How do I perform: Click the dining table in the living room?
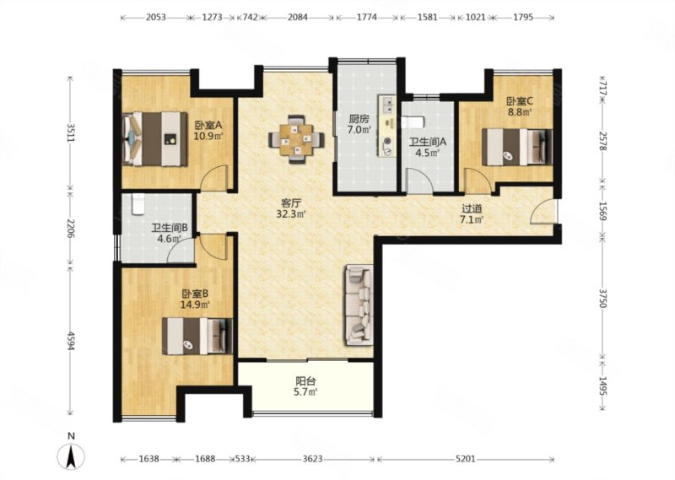tap(296, 139)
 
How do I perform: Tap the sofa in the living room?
tap(358, 305)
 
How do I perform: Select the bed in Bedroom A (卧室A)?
tap(155, 138)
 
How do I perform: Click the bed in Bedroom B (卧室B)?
tap(197, 336)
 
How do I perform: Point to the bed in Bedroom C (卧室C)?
tap(516, 147)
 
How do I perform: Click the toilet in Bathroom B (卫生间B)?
tap(138, 204)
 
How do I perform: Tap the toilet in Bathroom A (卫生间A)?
tap(413, 122)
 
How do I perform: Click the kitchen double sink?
tap(387, 105)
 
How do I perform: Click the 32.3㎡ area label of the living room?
tap(291, 213)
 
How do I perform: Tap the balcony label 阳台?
tap(306, 381)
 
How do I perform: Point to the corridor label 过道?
tap(472, 209)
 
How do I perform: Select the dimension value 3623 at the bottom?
tap(312, 459)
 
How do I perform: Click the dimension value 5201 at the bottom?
tap(466, 459)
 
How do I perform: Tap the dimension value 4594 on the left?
tap(71, 340)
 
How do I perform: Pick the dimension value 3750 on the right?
tap(602, 297)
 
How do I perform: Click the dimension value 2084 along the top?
tap(298, 17)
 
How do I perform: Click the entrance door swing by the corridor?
tap(543, 212)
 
